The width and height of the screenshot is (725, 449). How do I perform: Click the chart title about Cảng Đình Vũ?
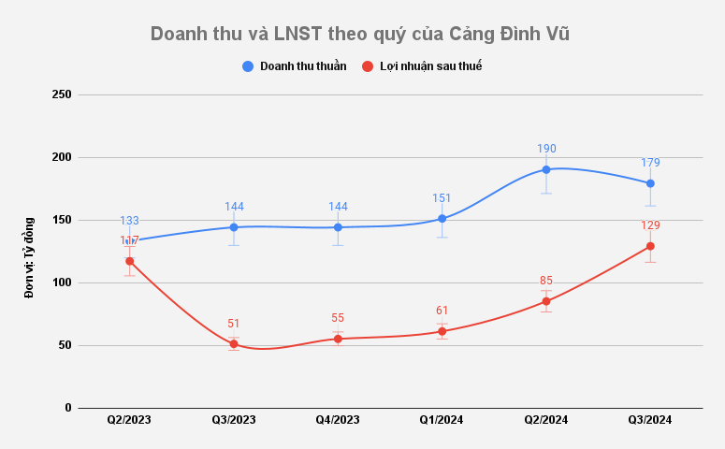point(360,34)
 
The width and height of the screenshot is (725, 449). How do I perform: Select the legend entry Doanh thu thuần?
point(302,66)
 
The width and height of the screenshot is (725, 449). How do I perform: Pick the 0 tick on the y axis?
point(68,408)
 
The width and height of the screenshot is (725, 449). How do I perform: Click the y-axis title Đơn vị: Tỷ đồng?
point(29,257)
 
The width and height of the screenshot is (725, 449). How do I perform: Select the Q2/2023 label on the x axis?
point(130,421)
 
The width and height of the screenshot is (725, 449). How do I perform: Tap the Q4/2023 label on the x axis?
point(338,421)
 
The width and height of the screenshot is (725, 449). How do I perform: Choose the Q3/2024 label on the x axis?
point(650,421)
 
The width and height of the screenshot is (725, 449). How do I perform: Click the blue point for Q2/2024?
point(546,170)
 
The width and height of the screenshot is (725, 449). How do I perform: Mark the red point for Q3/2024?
point(650,246)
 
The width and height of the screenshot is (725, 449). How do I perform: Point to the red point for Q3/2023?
point(234,344)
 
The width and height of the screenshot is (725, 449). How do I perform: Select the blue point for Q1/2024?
point(442,219)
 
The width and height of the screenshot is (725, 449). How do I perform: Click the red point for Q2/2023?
point(130,261)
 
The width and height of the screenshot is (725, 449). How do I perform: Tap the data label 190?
point(546,149)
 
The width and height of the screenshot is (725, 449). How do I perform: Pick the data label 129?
point(650,225)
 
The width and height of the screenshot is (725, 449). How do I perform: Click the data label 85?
point(546,280)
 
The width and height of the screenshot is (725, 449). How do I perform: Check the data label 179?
point(650,163)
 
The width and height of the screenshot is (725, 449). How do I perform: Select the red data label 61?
point(442,310)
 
